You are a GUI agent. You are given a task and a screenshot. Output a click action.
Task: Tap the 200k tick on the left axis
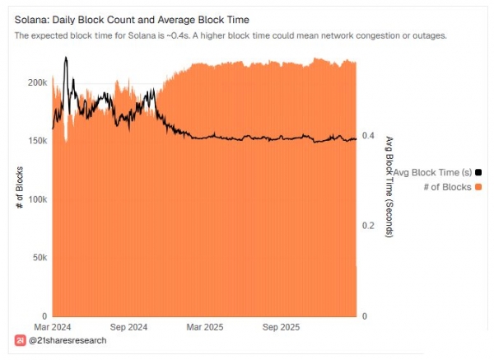click(37, 83)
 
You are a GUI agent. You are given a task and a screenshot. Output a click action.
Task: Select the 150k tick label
click(37, 142)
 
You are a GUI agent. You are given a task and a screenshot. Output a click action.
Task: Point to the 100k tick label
click(37, 200)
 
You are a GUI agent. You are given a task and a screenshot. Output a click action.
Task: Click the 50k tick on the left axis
click(39, 258)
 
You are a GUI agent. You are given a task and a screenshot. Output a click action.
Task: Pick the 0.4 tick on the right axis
click(369, 136)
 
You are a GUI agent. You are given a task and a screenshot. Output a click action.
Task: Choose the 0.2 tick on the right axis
click(369, 226)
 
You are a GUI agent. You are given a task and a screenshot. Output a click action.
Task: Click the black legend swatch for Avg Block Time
click(478, 172)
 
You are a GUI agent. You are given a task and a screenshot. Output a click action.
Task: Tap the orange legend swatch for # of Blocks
click(478, 187)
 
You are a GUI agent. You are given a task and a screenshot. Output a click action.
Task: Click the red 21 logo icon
click(20, 340)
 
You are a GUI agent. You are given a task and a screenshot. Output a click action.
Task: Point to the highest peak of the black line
click(65, 58)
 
